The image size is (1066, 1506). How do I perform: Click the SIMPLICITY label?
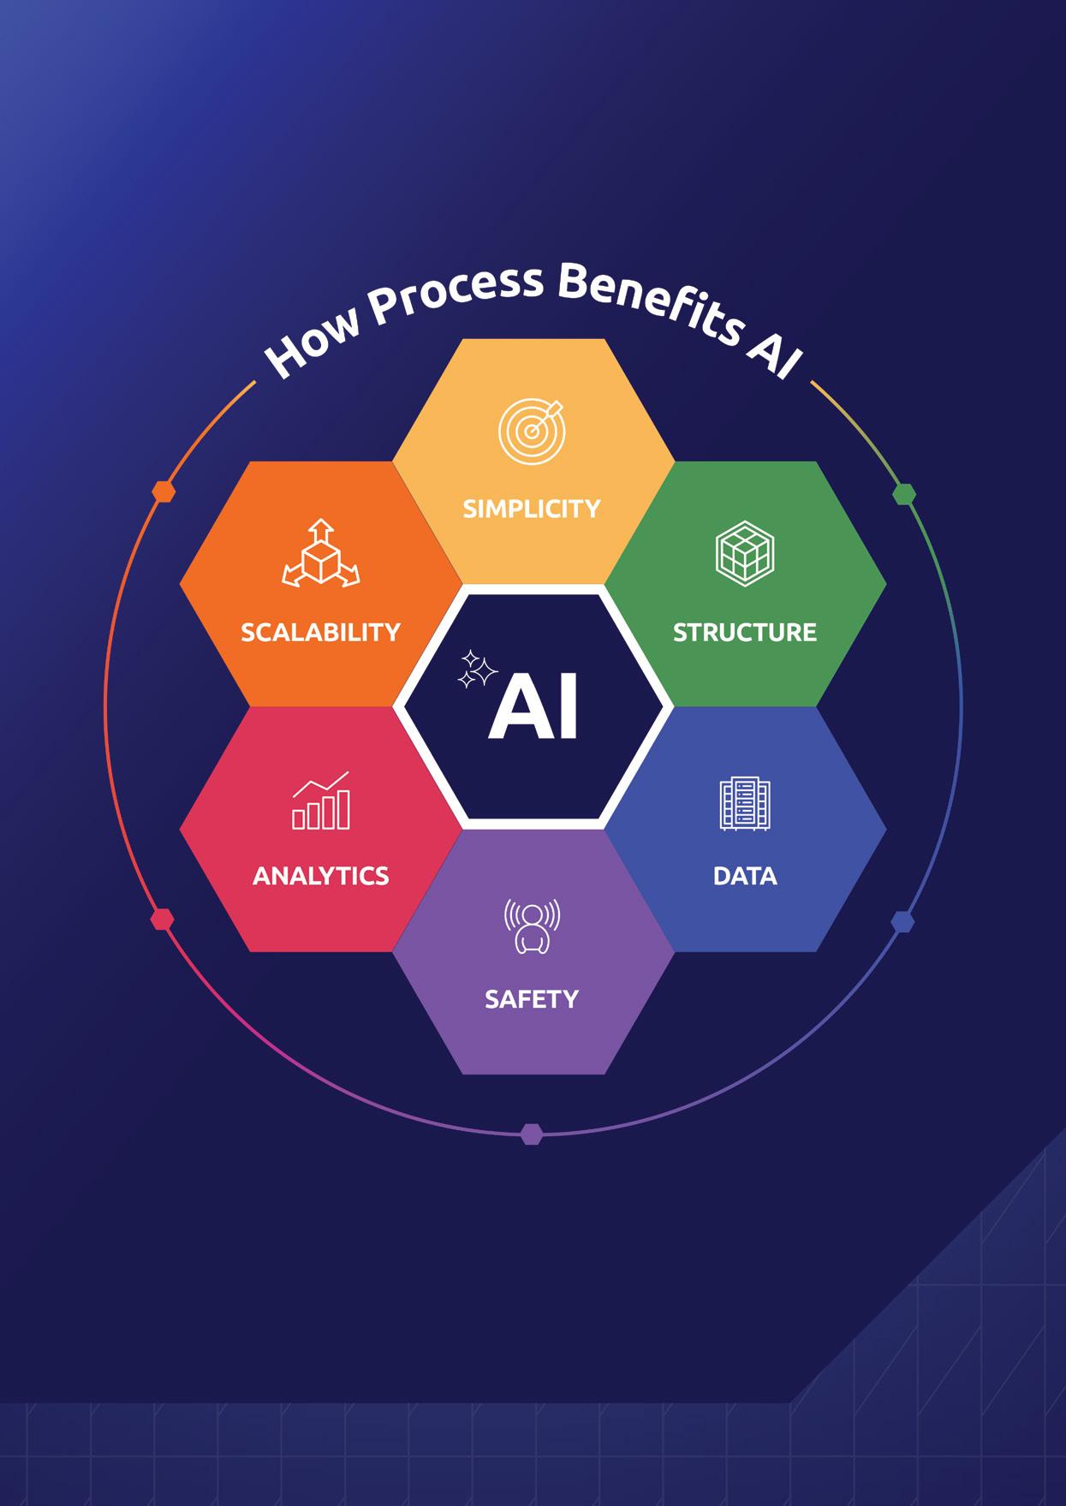(532, 509)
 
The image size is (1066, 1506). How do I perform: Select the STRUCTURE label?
(744, 633)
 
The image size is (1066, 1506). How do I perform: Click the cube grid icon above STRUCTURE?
(744, 552)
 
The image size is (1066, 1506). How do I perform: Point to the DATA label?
(745, 876)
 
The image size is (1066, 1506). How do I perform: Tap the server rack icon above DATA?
(745, 804)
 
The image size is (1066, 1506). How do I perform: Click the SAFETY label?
(532, 999)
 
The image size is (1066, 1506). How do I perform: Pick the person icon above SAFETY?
(532, 926)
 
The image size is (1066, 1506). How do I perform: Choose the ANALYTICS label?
(321, 876)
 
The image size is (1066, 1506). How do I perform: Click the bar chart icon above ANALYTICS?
(321, 801)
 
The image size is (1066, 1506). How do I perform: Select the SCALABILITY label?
(320, 633)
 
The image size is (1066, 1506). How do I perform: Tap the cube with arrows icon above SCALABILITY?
(321, 554)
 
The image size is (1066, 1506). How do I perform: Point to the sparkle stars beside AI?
(476, 670)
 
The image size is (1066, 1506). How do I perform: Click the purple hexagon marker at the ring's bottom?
(532, 1134)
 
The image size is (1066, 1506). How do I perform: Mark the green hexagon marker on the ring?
(904, 494)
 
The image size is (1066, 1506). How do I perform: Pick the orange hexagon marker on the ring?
(164, 491)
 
